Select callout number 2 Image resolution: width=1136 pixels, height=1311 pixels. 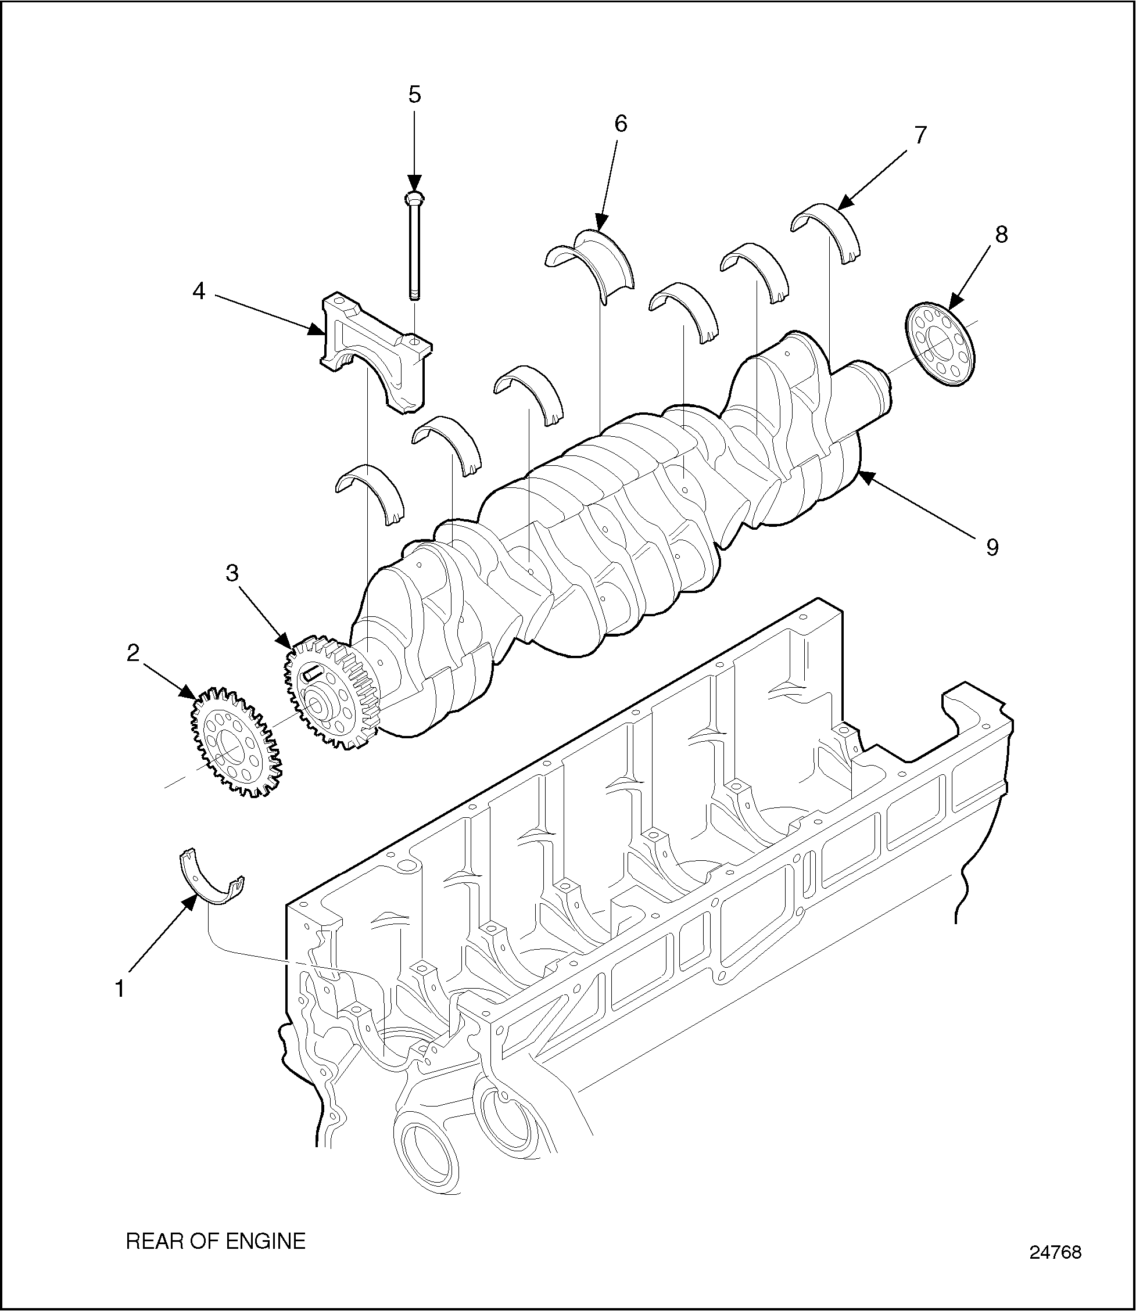pyautogui.click(x=133, y=653)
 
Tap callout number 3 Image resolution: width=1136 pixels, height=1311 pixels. pyautogui.click(x=232, y=573)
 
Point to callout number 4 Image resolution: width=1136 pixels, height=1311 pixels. pyautogui.click(x=199, y=292)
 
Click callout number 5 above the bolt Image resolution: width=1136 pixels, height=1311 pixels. pyautogui.click(x=414, y=95)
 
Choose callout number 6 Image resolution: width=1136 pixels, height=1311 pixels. pyautogui.click(x=621, y=124)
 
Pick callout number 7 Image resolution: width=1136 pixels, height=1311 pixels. pyautogui.click(x=920, y=134)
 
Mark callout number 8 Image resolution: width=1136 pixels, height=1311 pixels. pyautogui.click(x=1001, y=235)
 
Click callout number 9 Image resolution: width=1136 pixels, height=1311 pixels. pyautogui.click(x=992, y=547)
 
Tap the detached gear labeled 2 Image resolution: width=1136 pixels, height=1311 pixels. pyautogui.click(x=235, y=741)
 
